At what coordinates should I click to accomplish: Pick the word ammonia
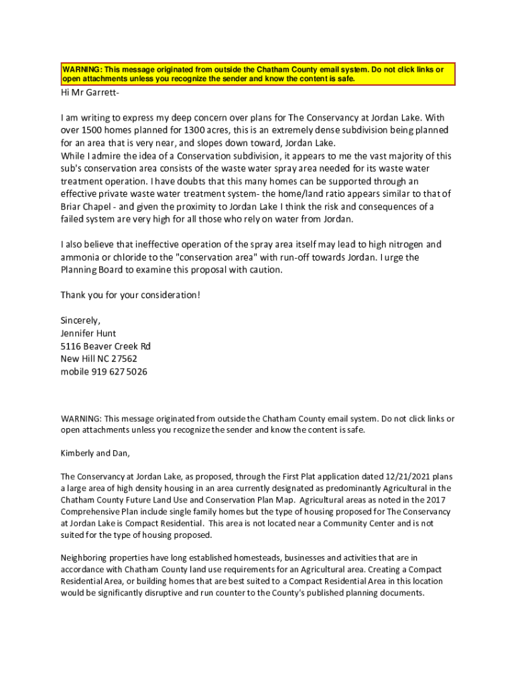[x=82, y=257]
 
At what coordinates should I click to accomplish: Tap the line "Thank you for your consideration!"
[x=130, y=295]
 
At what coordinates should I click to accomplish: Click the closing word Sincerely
[x=80, y=321]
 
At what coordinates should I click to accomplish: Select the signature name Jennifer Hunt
[x=88, y=334]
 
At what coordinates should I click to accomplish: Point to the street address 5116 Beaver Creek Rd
[x=105, y=346]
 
